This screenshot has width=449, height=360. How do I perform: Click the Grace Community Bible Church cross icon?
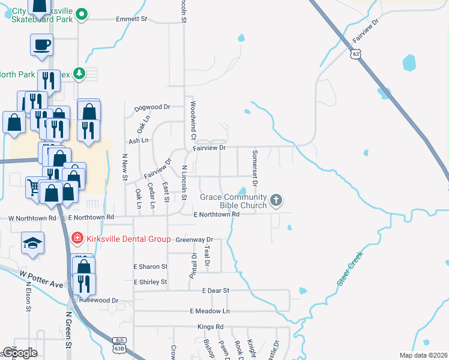pos(276,200)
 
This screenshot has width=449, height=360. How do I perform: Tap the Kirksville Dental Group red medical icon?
pos(77,239)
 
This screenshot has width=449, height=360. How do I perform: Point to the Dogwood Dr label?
pos(149,107)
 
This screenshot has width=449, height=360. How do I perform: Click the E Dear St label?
pos(216,290)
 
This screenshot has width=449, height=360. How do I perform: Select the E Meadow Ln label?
pos(209,311)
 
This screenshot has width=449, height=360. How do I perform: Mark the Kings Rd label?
pos(210,327)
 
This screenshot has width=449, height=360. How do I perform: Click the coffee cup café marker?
pos(41,44)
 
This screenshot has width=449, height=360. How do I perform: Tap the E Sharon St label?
pos(150,266)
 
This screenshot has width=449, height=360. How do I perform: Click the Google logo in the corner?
pos(20,353)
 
